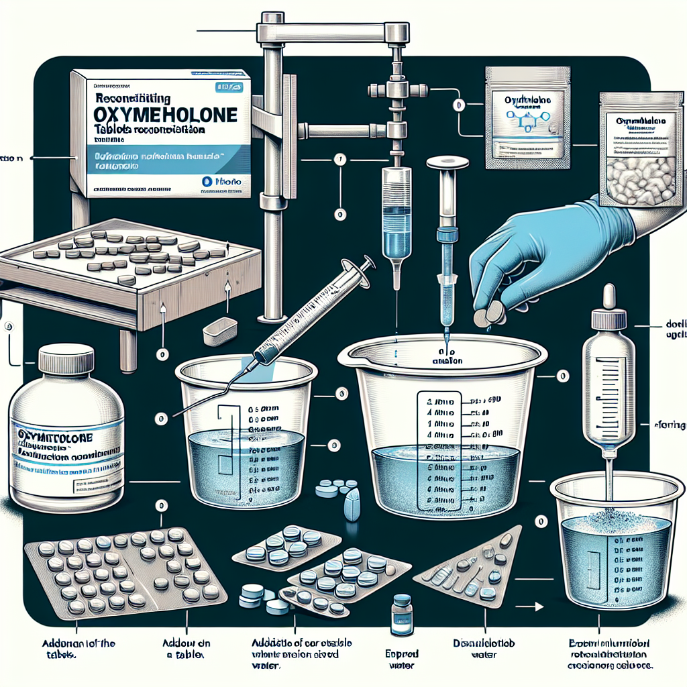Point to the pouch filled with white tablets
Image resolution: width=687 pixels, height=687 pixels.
pyautogui.click(x=637, y=160)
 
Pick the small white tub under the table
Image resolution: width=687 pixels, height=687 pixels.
pyautogui.click(x=219, y=328)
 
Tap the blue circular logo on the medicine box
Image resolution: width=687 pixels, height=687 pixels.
pyautogui.click(x=207, y=181)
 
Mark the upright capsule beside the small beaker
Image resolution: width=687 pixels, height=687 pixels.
pyautogui.click(x=352, y=503)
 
